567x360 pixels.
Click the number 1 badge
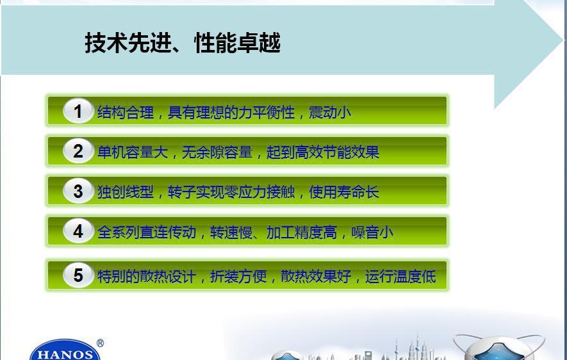pos(78,111)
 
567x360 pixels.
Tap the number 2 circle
pos(78,151)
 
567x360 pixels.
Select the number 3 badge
pos(78,191)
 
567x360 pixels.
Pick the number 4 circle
pos(78,231)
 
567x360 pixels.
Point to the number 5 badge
pos(78,275)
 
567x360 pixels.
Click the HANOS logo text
pos(65,354)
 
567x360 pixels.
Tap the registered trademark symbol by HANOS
pos(100,343)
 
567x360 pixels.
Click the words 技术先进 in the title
pos(127,43)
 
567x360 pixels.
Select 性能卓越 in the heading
pos(237,43)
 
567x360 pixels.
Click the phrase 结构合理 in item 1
pos(126,112)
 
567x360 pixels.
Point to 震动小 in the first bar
pos(330,112)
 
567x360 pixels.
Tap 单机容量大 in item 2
pos(133,152)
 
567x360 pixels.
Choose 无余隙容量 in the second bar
pos(217,152)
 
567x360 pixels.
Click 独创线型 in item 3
pos(126,192)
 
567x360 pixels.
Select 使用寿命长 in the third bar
pos(344,192)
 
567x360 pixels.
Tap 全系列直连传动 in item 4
pos(147,232)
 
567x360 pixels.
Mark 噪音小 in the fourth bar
pos(372,232)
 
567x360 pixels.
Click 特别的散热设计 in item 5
pos(147,277)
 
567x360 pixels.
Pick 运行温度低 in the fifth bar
pos(400,277)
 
